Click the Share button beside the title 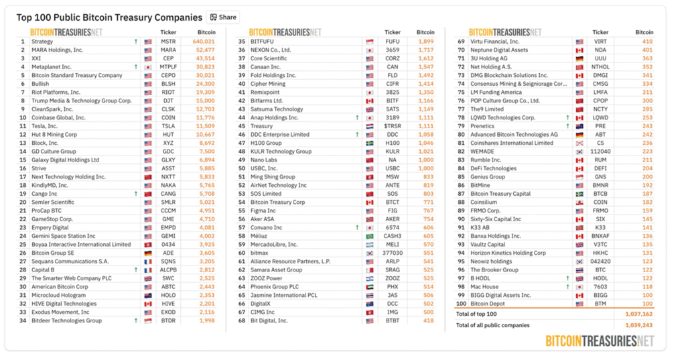[x=223, y=17]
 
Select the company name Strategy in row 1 [x=42, y=42]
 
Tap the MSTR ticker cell [x=168, y=42]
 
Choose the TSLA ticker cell [x=168, y=126]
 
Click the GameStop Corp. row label [x=52, y=219]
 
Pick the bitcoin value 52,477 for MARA [x=204, y=50]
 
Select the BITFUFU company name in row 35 [x=262, y=42]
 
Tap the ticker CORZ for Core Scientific [x=393, y=58]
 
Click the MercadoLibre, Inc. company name [x=274, y=244]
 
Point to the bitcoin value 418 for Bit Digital [x=429, y=320]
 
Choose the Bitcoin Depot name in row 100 [x=488, y=304]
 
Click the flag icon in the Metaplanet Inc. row [x=148, y=67]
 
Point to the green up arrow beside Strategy [x=136, y=42]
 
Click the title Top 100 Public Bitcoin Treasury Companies [x=109, y=17]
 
